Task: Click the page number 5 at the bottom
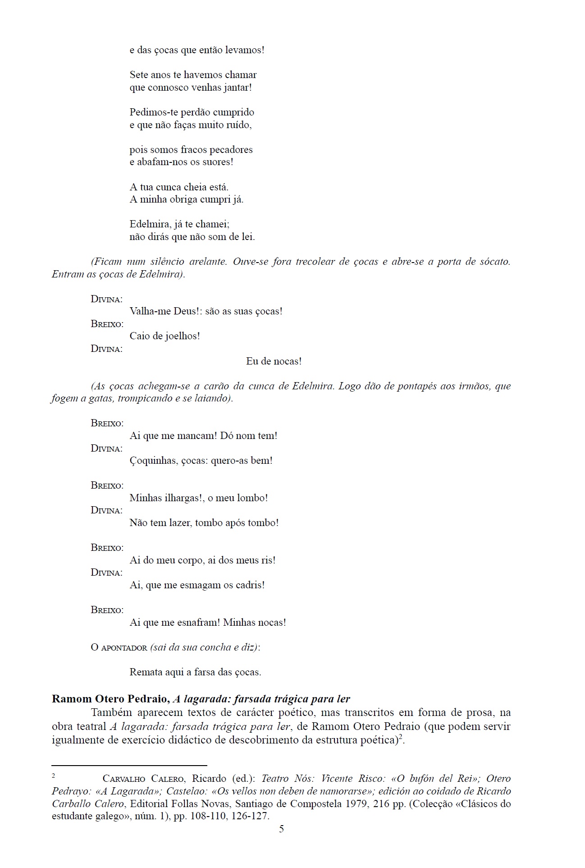click(281, 829)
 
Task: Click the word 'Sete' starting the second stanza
click(139, 75)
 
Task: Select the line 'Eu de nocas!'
click(274, 361)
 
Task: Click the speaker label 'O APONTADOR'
click(119, 647)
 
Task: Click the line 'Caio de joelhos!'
click(165, 336)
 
